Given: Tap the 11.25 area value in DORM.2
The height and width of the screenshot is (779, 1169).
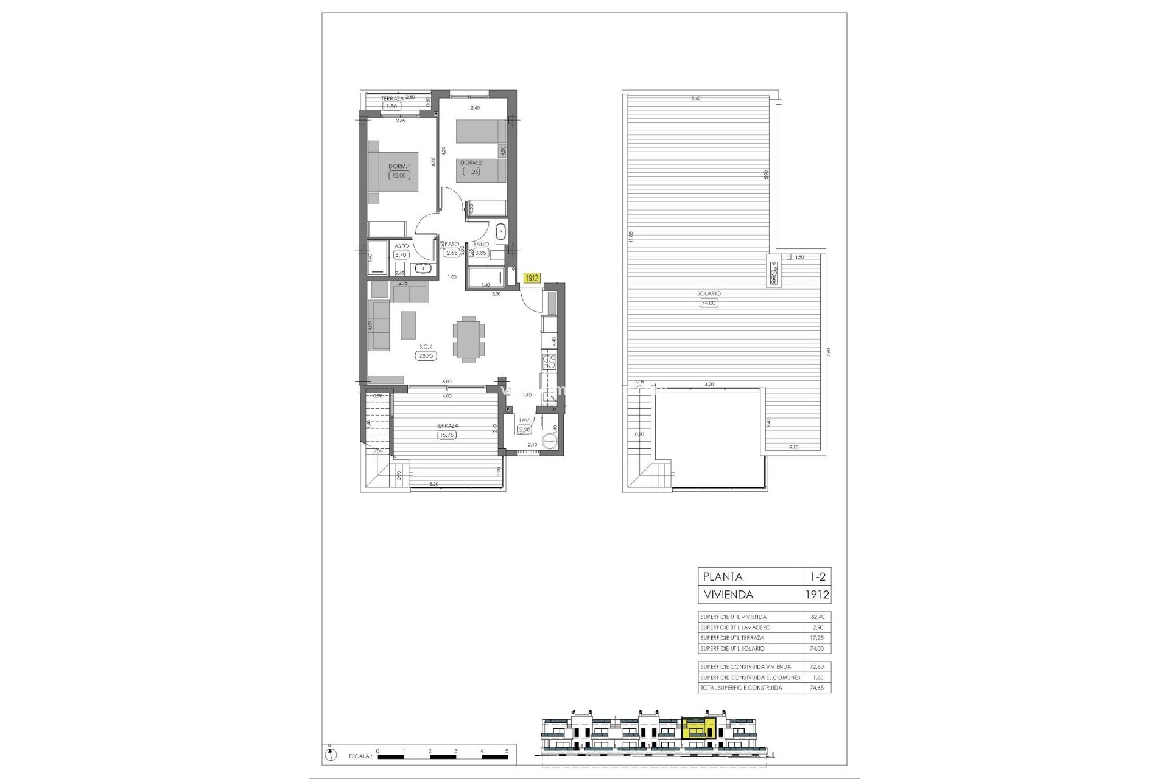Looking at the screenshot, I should [x=471, y=172].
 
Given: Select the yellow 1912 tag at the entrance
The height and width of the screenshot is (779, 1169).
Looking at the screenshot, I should [x=532, y=278].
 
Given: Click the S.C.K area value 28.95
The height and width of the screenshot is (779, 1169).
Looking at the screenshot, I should [x=426, y=356].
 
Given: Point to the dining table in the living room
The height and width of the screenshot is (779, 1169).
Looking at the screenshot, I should [x=469, y=339].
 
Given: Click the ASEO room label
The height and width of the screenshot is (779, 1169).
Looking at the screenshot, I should [x=401, y=246].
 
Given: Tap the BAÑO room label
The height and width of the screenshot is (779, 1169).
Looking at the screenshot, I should [x=481, y=245].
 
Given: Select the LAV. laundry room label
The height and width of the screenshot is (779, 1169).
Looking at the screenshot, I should [x=525, y=421].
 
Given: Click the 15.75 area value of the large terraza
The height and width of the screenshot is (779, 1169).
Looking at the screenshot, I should [x=447, y=435].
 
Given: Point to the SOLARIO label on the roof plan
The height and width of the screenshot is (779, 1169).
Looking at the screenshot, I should [x=709, y=293].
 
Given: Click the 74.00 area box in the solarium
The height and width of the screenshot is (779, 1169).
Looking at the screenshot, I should [x=709, y=302].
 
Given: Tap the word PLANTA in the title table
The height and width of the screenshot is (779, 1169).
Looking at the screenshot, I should [x=723, y=577].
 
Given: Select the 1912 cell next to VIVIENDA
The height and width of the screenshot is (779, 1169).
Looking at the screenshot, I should [x=816, y=595].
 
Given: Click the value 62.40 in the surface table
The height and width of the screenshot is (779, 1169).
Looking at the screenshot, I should [x=816, y=617].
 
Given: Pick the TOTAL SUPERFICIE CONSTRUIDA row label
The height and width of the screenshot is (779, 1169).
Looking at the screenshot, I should [x=741, y=688].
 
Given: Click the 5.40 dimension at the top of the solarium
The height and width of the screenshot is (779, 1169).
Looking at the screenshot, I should [x=695, y=98].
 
